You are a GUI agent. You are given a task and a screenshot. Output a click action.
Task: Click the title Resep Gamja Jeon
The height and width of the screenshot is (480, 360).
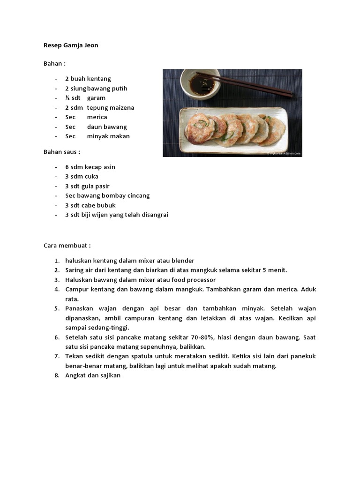tap(71, 45)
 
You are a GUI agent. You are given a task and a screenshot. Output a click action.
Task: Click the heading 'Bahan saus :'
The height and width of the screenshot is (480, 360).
tap(62, 152)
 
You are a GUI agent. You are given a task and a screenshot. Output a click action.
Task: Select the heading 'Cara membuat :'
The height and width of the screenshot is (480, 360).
tap(67, 245)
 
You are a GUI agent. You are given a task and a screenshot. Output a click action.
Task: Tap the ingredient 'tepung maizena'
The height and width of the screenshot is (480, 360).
tap(111, 107)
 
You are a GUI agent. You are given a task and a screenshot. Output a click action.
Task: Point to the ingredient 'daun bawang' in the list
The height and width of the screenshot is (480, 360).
tap(107, 127)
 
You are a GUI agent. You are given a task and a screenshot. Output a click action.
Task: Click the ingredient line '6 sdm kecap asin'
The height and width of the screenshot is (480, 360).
tap(90, 167)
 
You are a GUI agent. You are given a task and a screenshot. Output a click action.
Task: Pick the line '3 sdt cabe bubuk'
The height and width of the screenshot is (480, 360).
tap(90, 205)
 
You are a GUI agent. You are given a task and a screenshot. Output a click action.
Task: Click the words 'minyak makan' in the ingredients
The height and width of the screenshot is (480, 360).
tap(108, 136)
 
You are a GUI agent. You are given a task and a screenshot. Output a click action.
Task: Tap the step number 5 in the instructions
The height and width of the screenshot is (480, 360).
tap(56, 308)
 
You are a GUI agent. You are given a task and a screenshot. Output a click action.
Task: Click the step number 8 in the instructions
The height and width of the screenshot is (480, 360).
tap(56, 375)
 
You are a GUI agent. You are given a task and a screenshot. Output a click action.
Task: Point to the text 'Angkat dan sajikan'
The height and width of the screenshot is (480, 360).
tap(93, 375)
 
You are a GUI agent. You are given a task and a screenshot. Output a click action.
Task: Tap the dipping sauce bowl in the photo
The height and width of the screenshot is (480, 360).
tap(200, 84)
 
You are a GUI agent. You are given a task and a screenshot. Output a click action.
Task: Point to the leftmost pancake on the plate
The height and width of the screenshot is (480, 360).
tap(199, 128)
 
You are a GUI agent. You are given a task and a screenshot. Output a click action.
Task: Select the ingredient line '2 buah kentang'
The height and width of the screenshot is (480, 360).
tap(88, 79)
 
